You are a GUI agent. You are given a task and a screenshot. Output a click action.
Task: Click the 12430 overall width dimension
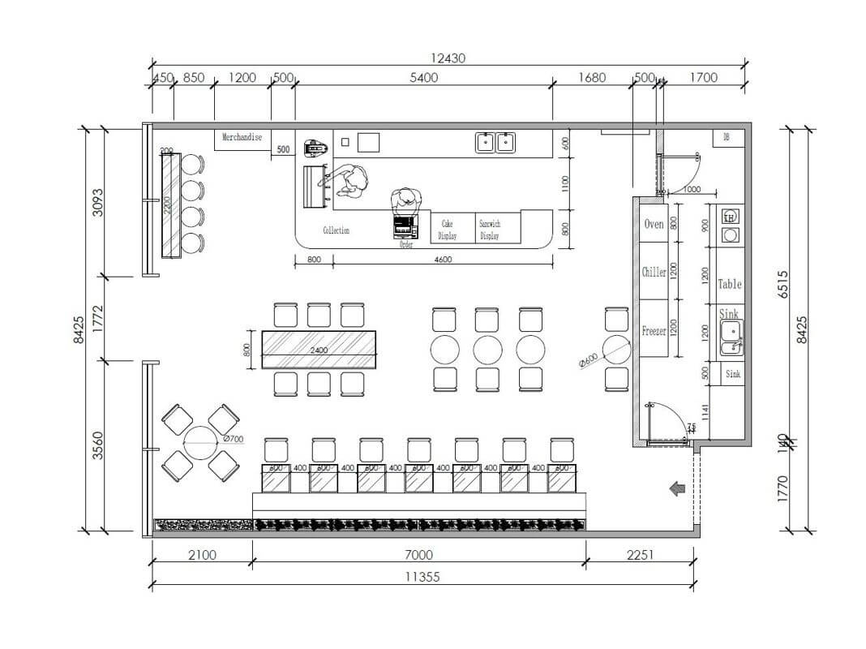coord(448,58)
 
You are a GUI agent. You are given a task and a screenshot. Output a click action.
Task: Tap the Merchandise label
coord(242,138)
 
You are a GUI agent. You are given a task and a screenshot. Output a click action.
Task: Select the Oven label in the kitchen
coord(654,224)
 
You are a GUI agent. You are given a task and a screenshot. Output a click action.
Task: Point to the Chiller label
coord(654,273)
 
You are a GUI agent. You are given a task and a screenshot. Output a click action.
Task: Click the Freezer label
coord(654,331)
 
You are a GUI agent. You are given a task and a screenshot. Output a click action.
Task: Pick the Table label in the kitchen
coord(729,285)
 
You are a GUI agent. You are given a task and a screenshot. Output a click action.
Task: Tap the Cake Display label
coord(448,230)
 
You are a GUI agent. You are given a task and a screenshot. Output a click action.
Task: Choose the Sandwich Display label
coord(489,230)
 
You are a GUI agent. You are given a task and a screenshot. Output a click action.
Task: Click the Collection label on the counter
coord(336,231)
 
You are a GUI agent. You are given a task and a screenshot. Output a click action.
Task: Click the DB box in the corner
coord(727,138)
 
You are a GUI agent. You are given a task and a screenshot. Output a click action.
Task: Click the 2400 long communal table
coord(319,350)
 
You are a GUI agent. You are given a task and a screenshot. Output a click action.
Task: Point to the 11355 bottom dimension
coord(422,577)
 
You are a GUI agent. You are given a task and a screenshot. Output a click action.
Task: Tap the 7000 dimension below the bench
coord(418,555)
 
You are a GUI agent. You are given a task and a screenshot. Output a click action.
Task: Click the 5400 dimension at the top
coord(423,78)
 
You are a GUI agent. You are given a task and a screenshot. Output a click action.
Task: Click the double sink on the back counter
coord(495,143)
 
